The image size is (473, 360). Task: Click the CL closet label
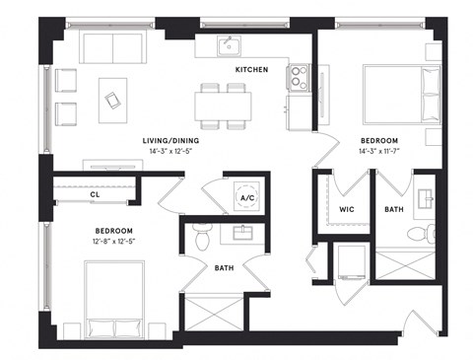(x=95, y=195)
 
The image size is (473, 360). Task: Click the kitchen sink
(x=227, y=45)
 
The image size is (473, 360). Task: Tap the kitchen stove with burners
(x=299, y=75)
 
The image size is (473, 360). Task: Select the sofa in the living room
(x=111, y=47)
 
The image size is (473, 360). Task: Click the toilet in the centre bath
(x=202, y=237)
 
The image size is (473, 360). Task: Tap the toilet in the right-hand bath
(x=417, y=234)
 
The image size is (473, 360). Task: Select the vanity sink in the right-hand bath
(x=425, y=196)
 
